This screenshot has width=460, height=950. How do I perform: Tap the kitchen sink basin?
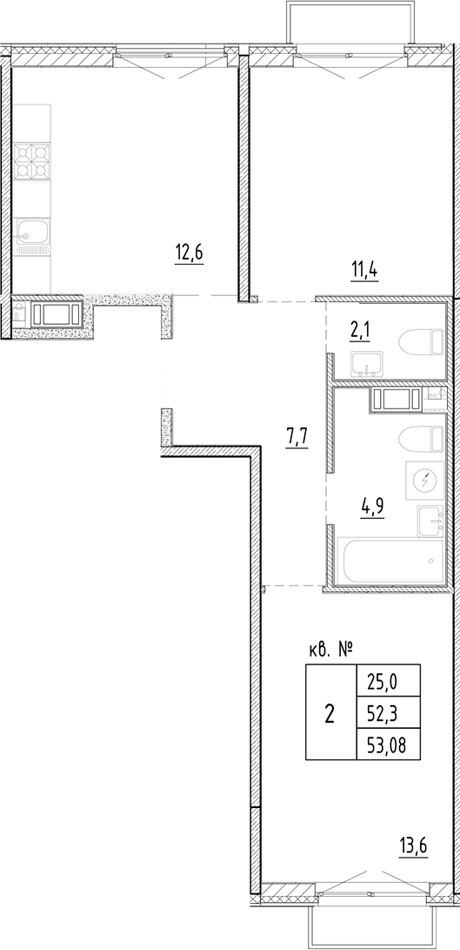32,232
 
